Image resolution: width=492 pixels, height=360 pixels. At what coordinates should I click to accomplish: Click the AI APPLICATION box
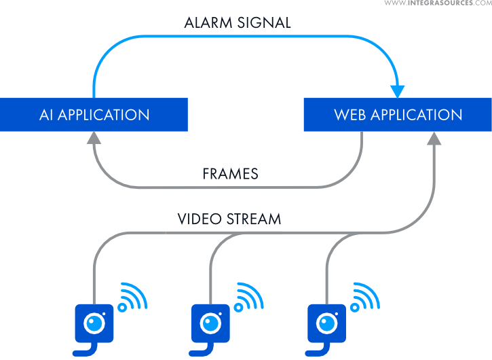[94, 115]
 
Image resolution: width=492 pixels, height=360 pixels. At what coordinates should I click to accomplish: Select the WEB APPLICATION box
[398, 115]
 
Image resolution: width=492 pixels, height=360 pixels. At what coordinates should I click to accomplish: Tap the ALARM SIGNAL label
[237, 22]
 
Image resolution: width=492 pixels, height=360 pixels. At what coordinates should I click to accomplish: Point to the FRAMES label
[230, 174]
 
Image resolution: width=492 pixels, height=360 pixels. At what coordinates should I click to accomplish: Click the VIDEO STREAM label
[229, 219]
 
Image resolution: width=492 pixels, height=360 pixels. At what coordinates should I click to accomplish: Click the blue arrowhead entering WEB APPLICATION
[398, 91]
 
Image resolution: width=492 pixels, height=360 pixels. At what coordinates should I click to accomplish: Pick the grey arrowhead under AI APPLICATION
[94, 138]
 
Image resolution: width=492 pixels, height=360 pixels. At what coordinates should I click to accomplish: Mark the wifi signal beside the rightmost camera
[367, 298]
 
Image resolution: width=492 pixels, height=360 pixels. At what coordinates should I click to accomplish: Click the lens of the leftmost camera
[93, 321]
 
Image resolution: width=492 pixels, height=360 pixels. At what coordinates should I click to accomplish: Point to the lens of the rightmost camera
[326, 321]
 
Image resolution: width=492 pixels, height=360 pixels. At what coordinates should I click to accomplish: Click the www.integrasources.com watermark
[438, 4]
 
